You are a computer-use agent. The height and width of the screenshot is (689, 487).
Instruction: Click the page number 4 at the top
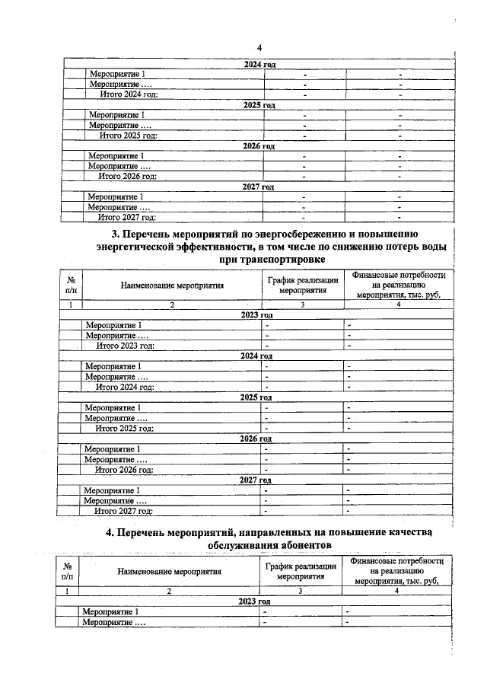pos(259,47)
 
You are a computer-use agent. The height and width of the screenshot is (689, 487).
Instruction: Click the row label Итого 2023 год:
pos(125,345)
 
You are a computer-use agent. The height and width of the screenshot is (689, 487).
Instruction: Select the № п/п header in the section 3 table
pos(71,285)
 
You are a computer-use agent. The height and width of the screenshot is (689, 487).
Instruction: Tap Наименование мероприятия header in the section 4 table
pos(169,570)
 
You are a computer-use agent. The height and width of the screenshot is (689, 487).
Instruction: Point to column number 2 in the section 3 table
pos(172,305)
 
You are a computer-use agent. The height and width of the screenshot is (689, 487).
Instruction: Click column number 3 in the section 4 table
pos(301,591)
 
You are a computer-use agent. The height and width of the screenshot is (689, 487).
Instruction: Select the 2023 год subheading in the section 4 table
pos(254,601)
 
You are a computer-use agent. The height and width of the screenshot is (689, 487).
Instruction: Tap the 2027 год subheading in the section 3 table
pos(256,480)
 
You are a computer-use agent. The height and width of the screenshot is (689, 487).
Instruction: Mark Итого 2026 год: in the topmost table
pos(128,176)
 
